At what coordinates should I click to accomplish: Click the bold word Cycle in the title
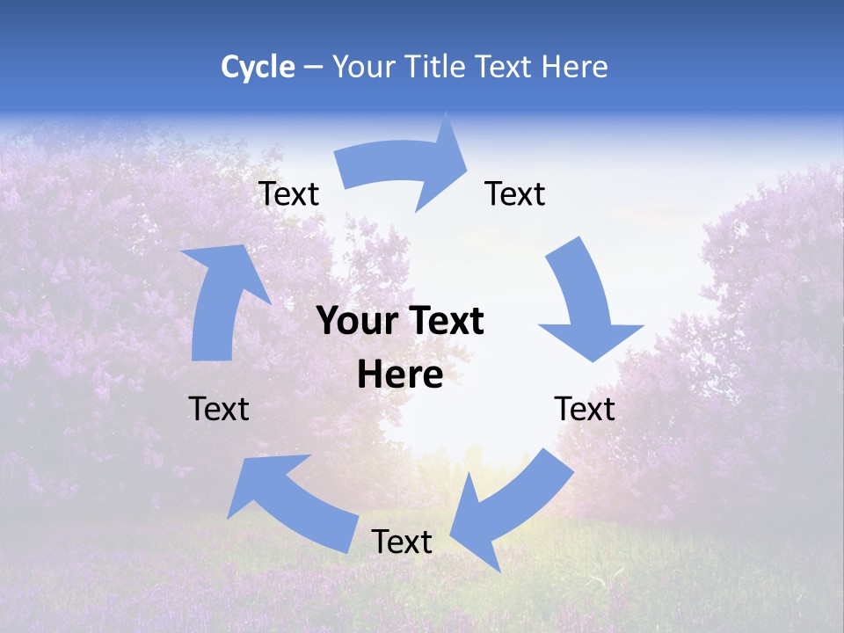coord(258,67)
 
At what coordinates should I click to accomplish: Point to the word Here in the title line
coord(576,67)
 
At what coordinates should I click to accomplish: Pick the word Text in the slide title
coord(505,67)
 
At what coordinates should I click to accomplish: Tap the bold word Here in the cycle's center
coord(400,375)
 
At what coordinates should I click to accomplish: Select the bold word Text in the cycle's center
coord(443,322)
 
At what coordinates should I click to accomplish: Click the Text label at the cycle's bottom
coord(402,542)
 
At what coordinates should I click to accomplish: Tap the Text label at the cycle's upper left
coord(288,194)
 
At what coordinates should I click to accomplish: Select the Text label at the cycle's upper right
coord(515,193)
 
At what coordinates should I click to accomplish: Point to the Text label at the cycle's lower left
coord(219,409)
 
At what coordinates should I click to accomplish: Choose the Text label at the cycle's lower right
coord(585,409)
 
